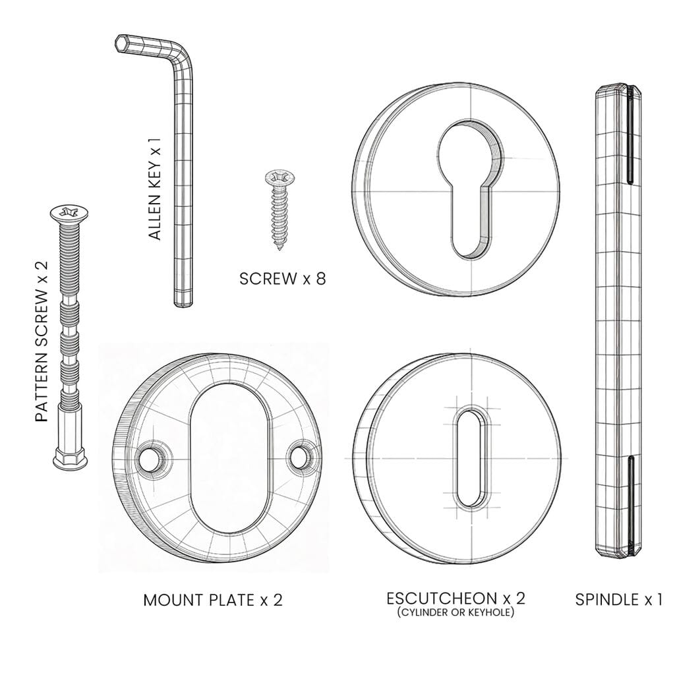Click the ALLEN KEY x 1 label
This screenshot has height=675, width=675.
click(x=154, y=189)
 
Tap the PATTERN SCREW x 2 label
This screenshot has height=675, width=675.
click(x=42, y=341)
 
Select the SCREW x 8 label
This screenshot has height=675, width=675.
click(x=282, y=279)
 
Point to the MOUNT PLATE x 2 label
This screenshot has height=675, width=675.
click(x=213, y=600)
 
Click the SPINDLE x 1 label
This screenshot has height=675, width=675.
click(x=618, y=600)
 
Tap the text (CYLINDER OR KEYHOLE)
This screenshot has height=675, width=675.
click(x=455, y=612)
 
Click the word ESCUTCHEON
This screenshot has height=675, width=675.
click(x=442, y=599)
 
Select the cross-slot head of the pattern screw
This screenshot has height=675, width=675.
click(x=69, y=212)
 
